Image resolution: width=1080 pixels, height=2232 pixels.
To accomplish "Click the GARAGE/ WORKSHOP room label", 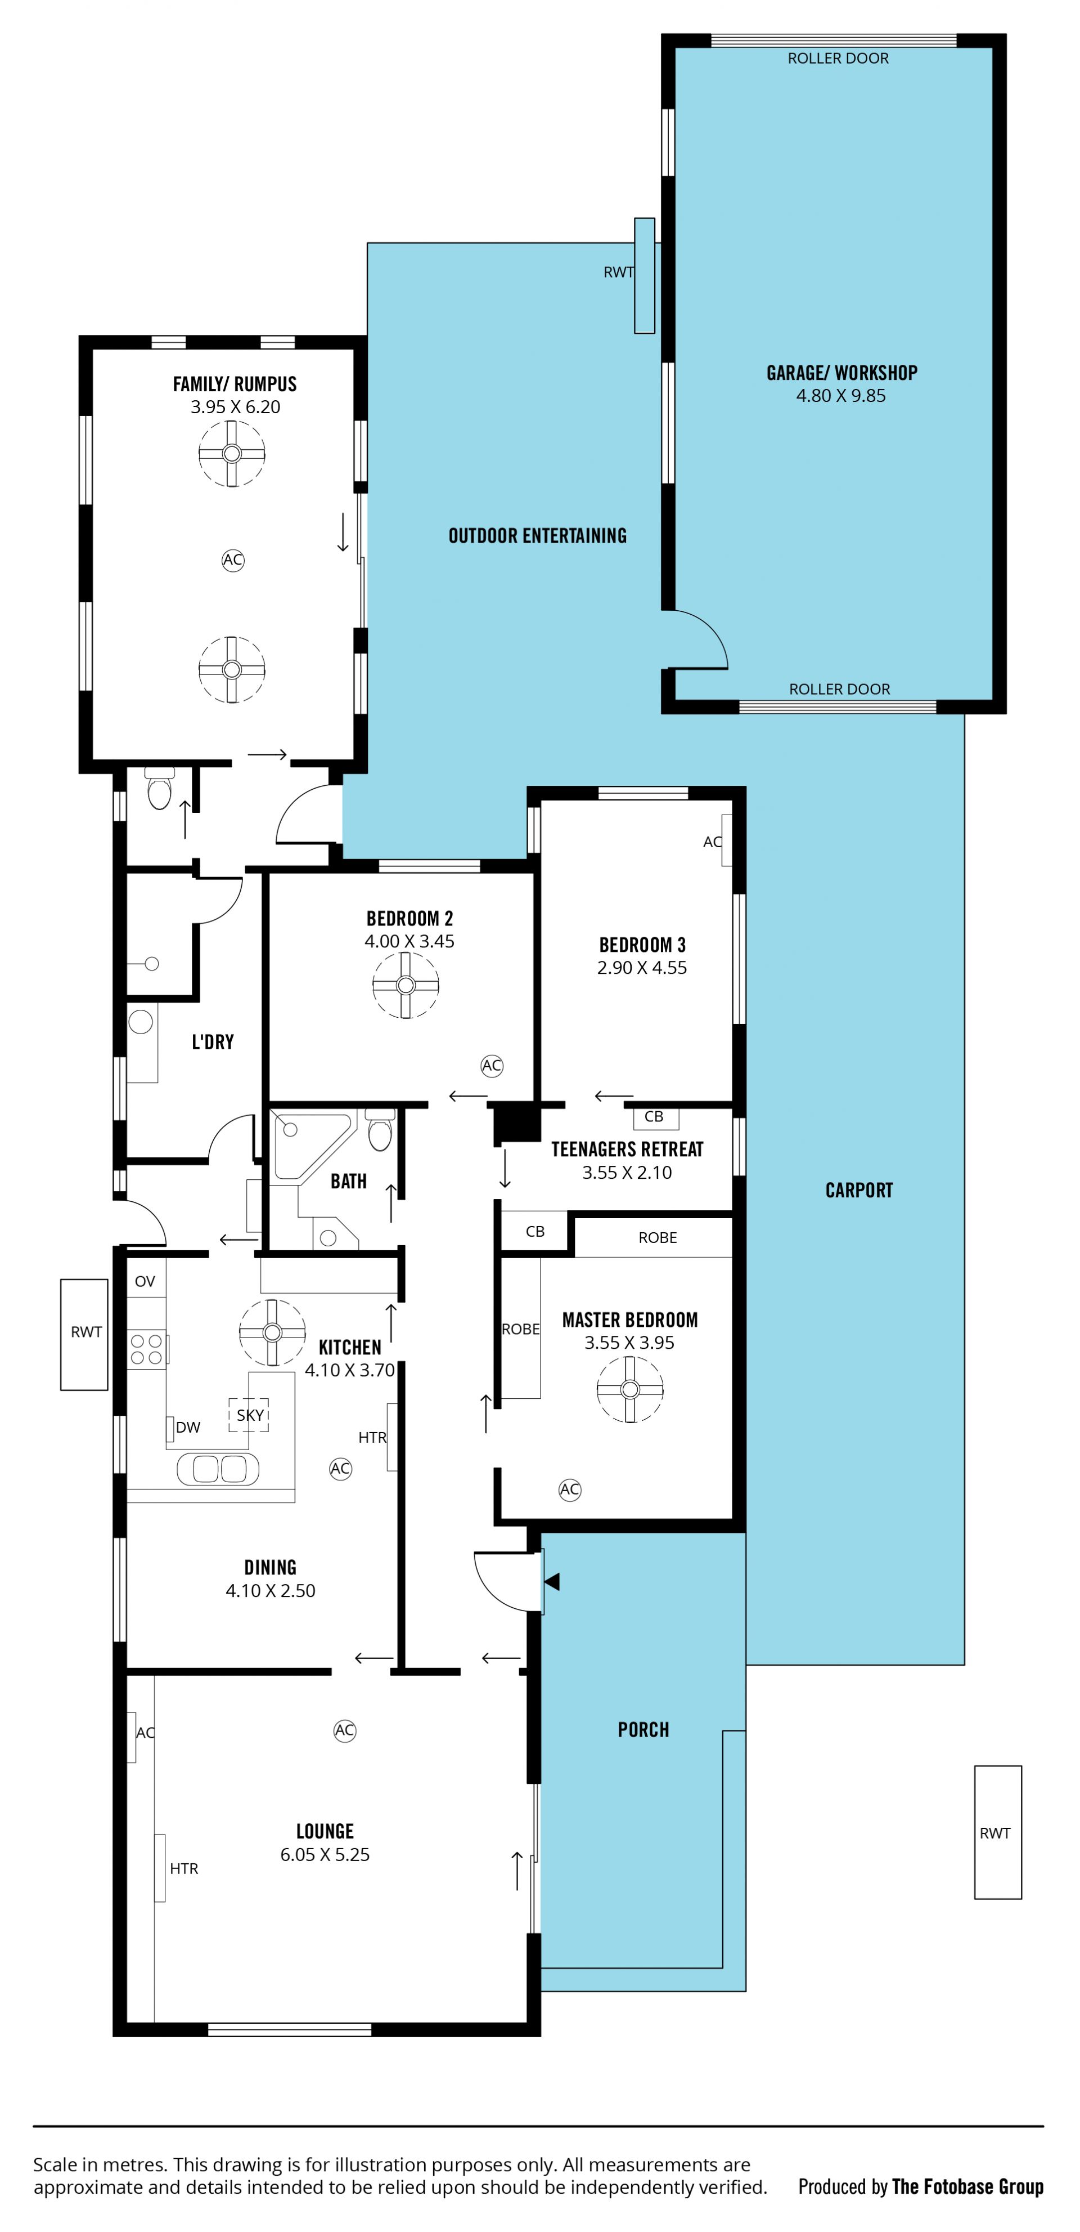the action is (x=841, y=373).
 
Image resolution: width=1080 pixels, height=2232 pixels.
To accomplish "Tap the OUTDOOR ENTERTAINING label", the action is (x=537, y=535).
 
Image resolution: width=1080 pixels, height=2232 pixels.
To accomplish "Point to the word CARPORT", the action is (x=858, y=1189).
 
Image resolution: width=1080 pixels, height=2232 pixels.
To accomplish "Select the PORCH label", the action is (x=642, y=1729).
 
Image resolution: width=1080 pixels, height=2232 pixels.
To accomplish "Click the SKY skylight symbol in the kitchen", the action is (x=249, y=1415).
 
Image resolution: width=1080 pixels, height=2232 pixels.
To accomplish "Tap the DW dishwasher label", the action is (x=188, y=1427).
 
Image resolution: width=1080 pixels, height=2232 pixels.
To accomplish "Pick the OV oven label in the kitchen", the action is (x=145, y=1281).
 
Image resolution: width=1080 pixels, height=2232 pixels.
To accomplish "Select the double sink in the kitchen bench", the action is (x=217, y=1469).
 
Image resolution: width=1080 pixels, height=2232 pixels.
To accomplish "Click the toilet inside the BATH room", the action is (x=379, y=1130).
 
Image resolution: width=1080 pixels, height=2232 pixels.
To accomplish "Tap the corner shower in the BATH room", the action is (x=312, y=1146).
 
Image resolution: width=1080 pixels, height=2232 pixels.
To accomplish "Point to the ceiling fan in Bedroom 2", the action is (x=406, y=985).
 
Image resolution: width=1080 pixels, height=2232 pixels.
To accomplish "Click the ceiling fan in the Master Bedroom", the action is (x=629, y=1389).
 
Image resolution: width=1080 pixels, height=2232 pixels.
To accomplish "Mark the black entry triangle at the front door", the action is (x=552, y=1581).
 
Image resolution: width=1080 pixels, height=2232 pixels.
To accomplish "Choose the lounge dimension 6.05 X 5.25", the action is (x=325, y=1854).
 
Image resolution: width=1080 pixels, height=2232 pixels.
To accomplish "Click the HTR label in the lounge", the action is (x=183, y=1868).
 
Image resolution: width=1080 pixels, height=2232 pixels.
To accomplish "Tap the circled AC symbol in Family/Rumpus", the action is (x=232, y=560).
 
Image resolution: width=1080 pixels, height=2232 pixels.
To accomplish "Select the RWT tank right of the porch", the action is (x=998, y=1832).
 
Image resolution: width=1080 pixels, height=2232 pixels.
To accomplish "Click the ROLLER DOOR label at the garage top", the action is (x=838, y=58).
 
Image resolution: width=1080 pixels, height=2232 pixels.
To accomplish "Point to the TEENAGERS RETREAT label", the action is (x=627, y=1149).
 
